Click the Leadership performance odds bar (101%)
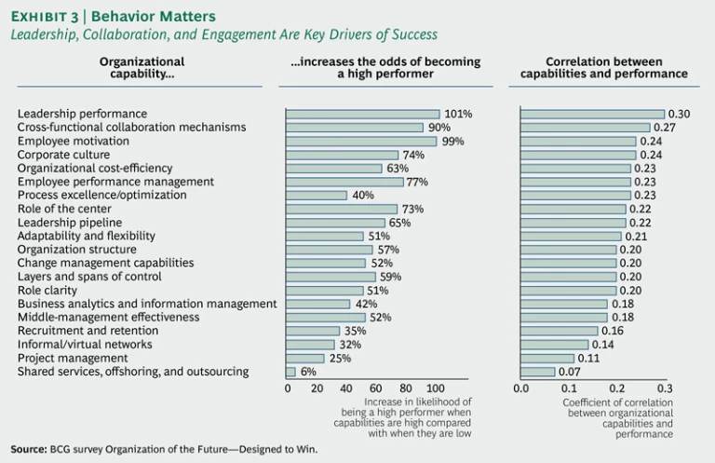pyautogui.click(x=362, y=114)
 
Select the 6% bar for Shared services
pyautogui.click(x=290, y=372)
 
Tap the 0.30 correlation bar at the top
pyautogui.click(x=592, y=114)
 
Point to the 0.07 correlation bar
pyautogui.click(x=537, y=372)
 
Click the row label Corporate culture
pyautogui.click(x=63, y=155)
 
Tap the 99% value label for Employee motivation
pyautogui.click(x=453, y=141)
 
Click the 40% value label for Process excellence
pyautogui.click(x=363, y=196)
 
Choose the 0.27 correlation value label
pyautogui.click(x=665, y=128)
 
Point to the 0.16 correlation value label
pyautogui.click(x=612, y=331)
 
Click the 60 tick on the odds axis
pyautogui.click(x=376, y=388)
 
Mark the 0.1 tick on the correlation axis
pyautogui.click(x=569, y=388)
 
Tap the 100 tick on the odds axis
pyautogui.click(x=435, y=388)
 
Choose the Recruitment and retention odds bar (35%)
pyautogui.click(x=313, y=331)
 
